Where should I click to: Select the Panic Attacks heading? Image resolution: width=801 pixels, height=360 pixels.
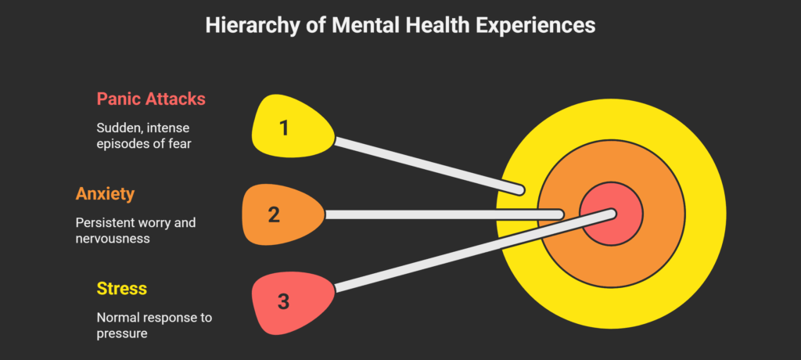click(151, 99)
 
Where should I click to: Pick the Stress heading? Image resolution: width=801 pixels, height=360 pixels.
click(122, 288)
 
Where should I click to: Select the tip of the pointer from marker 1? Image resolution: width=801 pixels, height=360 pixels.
click(520, 189)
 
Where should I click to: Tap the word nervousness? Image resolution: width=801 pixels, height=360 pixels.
click(113, 239)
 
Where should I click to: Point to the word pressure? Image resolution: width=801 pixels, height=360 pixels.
click(122, 333)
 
